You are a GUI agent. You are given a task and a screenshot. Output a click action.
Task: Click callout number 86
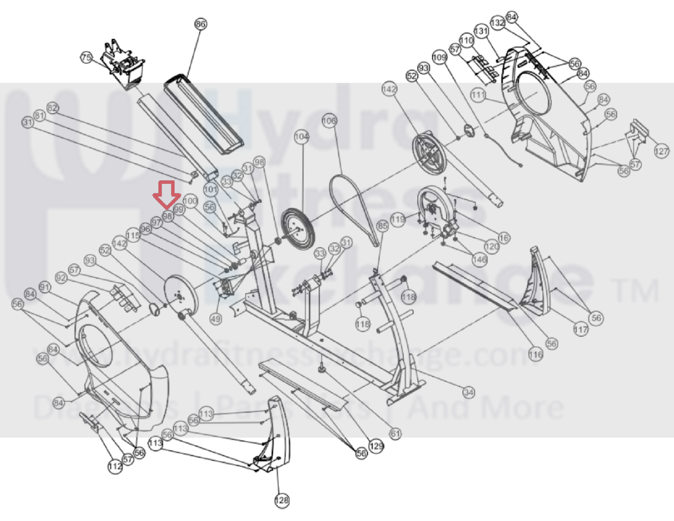201,24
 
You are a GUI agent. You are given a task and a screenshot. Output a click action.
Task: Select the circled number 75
86,57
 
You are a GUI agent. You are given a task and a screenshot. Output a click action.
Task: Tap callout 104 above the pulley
301,137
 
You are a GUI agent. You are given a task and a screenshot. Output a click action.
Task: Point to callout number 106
329,120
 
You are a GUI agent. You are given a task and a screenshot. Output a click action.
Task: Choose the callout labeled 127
661,151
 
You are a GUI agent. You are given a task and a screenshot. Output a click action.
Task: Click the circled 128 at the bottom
282,500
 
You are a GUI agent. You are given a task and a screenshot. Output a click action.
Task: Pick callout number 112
115,466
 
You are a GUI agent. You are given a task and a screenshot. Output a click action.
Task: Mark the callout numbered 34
469,393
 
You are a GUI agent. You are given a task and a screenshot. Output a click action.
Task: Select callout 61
395,433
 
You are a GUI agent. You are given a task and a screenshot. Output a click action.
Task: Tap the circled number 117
580,329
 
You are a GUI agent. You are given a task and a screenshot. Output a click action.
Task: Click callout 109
440,57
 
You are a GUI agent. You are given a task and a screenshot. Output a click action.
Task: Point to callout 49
215,319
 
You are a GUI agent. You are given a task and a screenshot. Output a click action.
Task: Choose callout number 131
481,31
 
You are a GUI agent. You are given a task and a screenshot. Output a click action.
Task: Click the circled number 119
398,219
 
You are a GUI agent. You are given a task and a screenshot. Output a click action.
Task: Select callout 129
376,446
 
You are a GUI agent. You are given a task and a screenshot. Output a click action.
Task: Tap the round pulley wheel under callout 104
298,230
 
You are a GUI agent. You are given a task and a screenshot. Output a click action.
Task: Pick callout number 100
190,201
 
